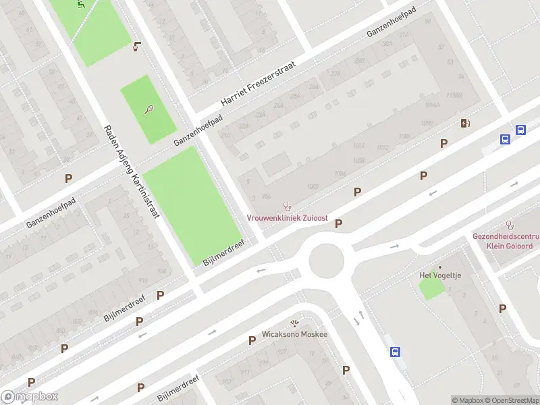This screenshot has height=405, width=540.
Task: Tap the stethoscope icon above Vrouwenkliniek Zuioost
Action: pyautogui.click(x=286, y=206)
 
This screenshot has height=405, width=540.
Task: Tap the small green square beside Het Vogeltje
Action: pyautogui.click(x=432, y=289)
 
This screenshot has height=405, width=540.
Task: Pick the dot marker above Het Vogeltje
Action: pyautogui.click(x=439, y=267)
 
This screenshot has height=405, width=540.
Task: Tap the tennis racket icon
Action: pyautogui.click(x=148, y=109)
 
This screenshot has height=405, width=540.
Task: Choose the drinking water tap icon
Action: pyautogui.click(x=138, y=47)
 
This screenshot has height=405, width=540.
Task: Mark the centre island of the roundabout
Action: pyautogui.click(x=327, y=262)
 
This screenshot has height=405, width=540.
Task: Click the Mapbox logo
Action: pyautogui.click(x=30, y=397)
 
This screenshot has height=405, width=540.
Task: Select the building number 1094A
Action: pyautogui.click(x=433, y=105)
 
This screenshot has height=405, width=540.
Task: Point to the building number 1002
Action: pyautogui.click(x=312, y=186)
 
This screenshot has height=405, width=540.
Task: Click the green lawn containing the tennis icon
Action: pyautogui.click(x=148, y=109)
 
